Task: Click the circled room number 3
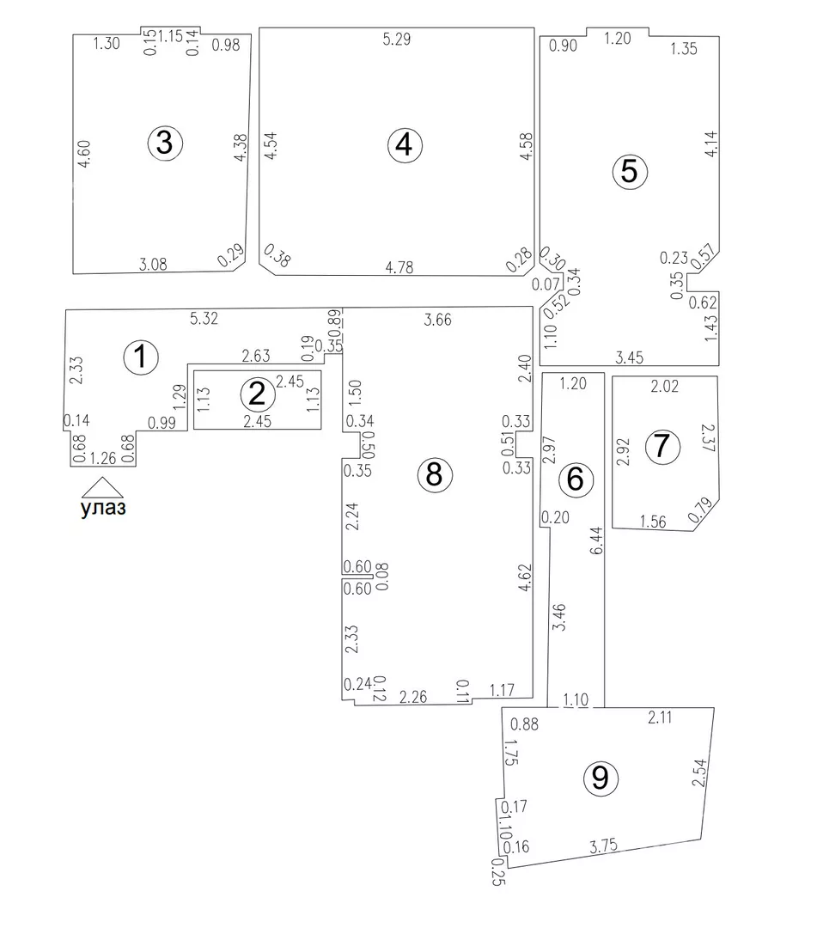(165, 143)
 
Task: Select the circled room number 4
(405, 145)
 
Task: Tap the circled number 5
(630, 172)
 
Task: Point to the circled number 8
(435, 474)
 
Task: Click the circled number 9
(601, 778)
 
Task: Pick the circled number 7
(662, 446)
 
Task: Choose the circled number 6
(575, 479)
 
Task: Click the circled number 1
(141, 357)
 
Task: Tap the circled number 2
(258, 394)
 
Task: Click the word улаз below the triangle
(103, 509)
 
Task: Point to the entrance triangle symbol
(102, 487)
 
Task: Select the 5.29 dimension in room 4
(396, 40)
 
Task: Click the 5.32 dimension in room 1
(204, 319)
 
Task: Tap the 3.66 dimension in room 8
(438, 320)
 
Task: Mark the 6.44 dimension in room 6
(596, 540)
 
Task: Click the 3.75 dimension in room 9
(603, 846)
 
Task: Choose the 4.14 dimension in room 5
(711, 143)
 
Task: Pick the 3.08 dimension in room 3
(153, 264)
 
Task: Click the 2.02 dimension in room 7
(664, 387)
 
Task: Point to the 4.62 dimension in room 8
(524, 577)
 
